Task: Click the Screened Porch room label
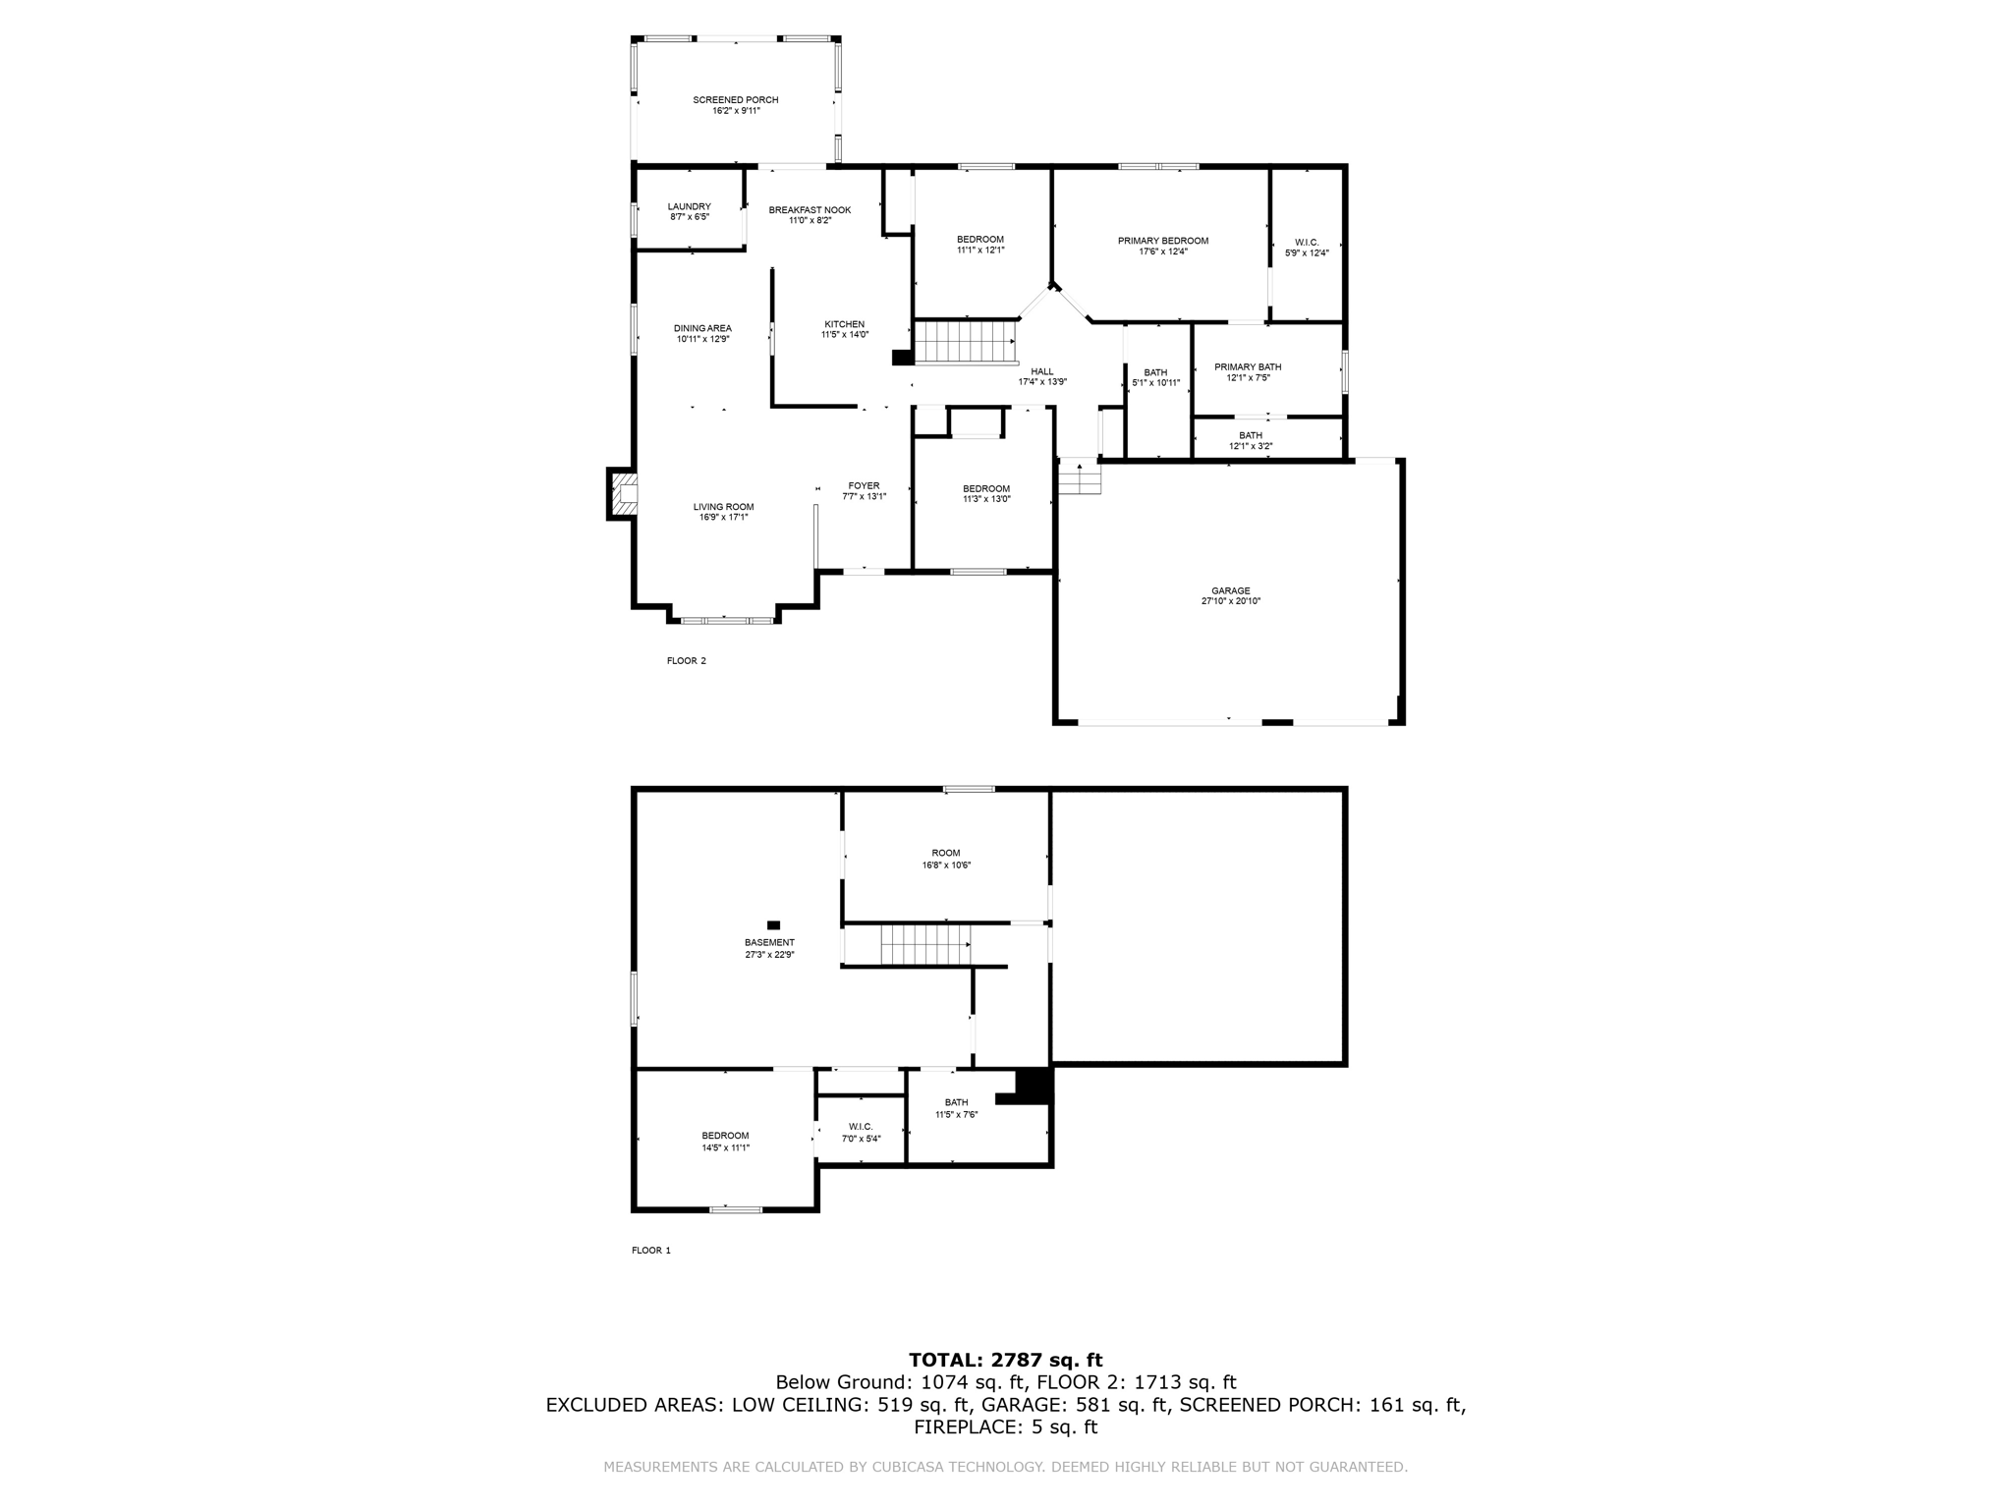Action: point(735,100)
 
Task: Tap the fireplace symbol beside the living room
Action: point(623,494)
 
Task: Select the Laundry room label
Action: point(689,206)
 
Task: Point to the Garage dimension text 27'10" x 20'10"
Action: point(1230,601)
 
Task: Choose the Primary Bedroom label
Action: point(1162,241)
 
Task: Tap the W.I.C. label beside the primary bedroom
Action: point(1306,242)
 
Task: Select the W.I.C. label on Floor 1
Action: point(860,1127)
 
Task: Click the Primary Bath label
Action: point(1248,367)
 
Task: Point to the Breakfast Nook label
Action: point(810,210)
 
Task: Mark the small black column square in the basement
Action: point(773,924)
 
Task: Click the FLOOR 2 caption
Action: point(686,661)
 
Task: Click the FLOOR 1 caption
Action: point(650,1251)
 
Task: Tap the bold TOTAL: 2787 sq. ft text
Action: point(1005,1361)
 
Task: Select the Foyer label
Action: point(864,485)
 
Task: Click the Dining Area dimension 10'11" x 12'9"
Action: point(702,339)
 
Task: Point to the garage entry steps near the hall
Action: point(1080,478)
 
